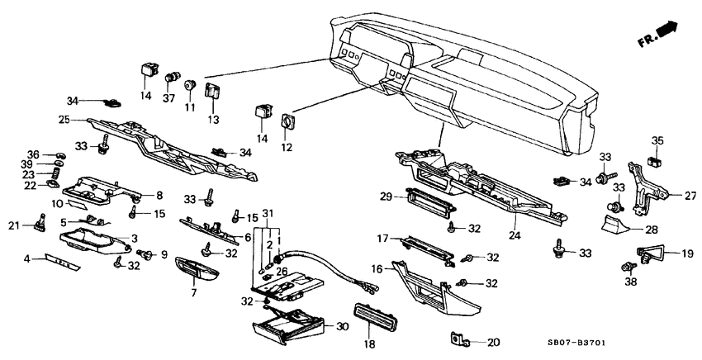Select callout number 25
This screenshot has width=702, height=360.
[64, 121]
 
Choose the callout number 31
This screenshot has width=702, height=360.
[267, 213]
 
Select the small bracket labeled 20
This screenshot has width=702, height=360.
[459, 339]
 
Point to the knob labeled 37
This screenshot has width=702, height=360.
[173, 78]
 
